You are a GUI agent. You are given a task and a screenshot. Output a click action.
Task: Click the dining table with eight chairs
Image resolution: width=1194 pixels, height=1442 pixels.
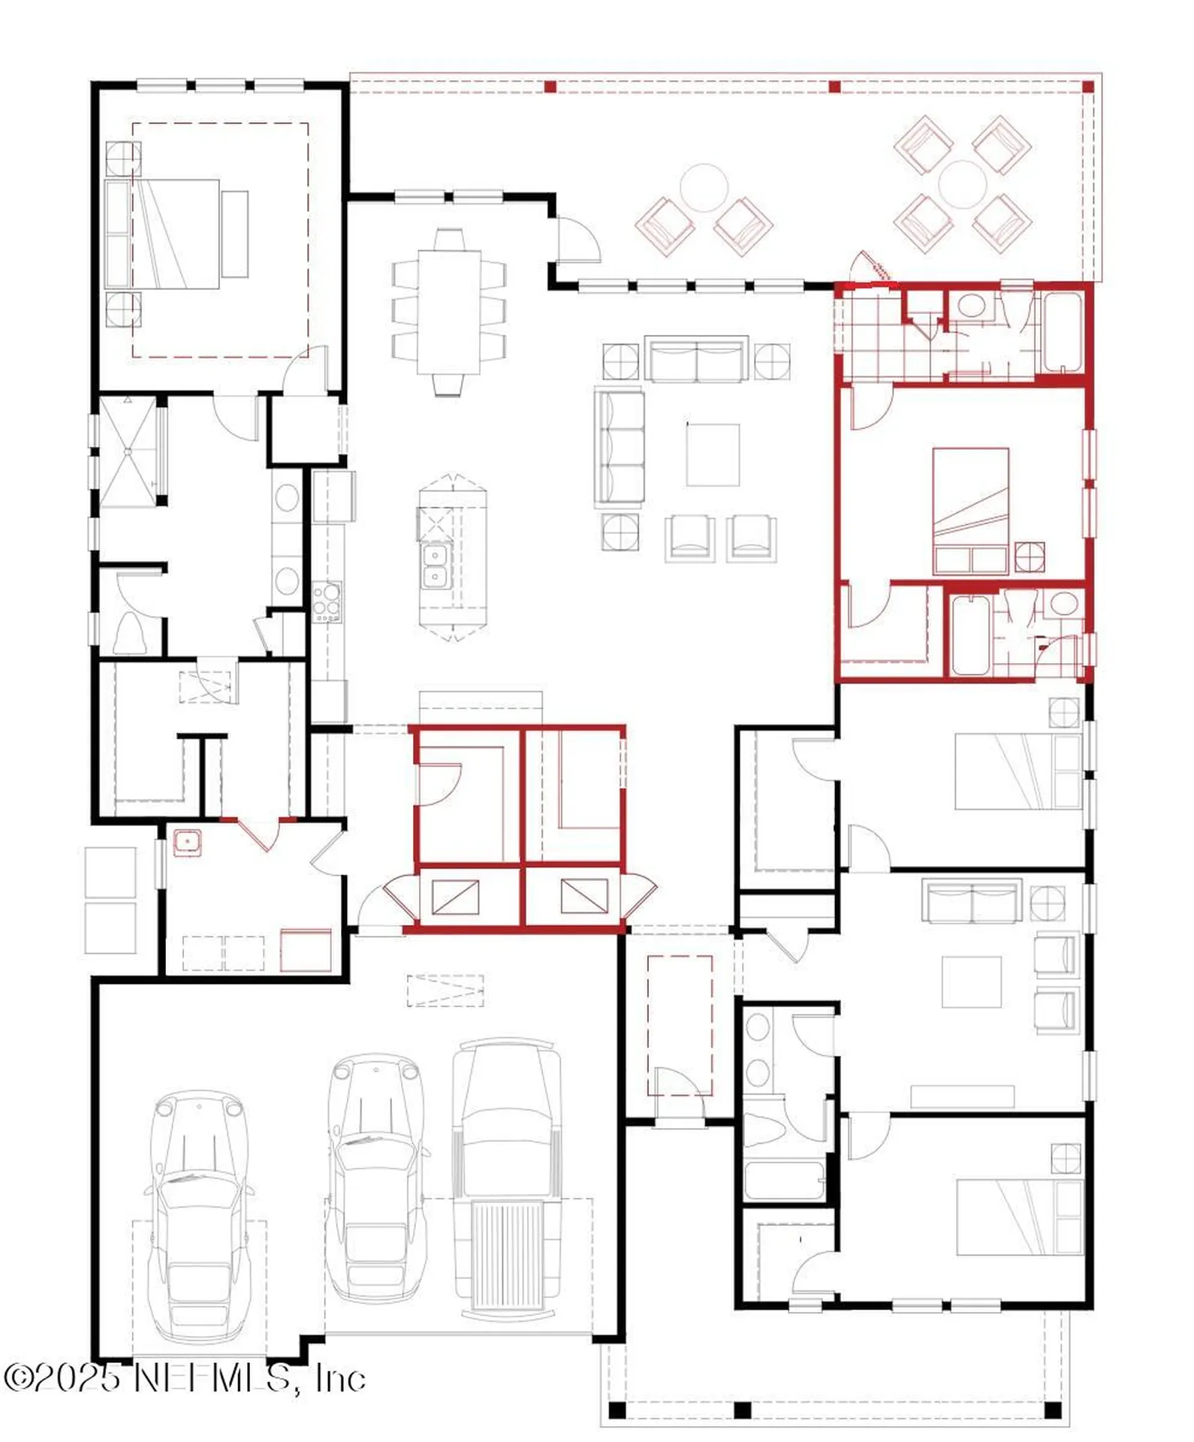point(449,312)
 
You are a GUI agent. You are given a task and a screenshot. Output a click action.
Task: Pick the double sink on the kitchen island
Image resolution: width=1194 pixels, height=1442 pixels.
point(433,565)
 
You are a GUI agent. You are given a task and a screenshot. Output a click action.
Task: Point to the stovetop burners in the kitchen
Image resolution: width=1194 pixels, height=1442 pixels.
point(327,602)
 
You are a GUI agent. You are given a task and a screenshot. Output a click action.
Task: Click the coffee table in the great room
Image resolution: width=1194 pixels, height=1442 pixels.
point(713,454)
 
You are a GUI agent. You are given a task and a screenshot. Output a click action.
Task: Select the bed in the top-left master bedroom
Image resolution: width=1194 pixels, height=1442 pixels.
point(177,234)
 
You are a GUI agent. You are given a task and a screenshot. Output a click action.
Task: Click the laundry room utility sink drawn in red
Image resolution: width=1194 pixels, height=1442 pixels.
point(187,842)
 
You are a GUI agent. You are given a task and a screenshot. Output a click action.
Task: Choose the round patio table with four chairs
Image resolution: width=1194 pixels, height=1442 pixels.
point(963,184)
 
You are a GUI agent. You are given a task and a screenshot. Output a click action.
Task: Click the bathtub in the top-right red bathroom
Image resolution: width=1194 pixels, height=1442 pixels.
point(1062,332)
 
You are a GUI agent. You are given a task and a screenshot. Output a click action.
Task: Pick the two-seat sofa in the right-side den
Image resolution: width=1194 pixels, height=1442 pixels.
point(972,900)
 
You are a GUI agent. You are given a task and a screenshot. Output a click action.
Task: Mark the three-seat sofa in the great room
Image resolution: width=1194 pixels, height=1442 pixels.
point(620,445)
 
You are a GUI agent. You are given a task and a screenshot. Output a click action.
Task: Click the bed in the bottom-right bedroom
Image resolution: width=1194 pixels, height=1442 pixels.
point(1019,1217)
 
